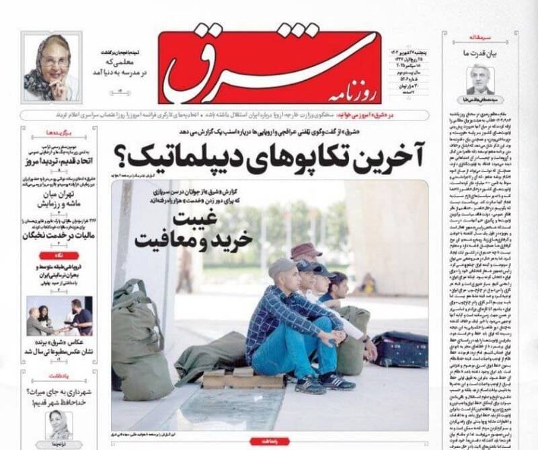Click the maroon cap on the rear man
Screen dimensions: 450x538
[x=306, y=250]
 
